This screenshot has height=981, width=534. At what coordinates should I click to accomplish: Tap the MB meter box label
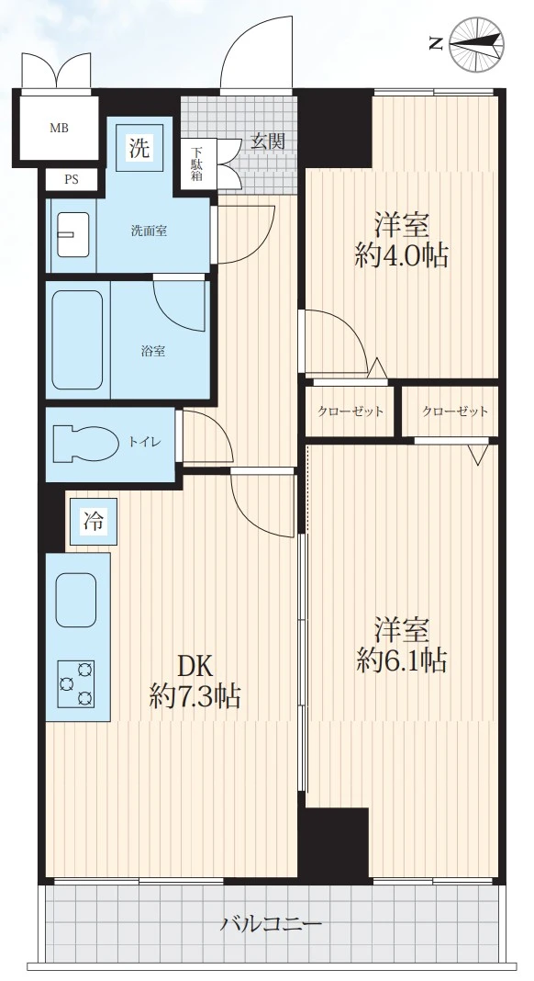click(59, 129)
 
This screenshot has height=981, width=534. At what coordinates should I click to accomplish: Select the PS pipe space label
click(71, 179)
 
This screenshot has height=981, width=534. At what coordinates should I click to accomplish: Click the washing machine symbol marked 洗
click(139, 147)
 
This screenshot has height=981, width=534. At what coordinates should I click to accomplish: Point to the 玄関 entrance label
click(267, 141)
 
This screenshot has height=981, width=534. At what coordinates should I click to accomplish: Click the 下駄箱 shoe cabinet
click(196, 163)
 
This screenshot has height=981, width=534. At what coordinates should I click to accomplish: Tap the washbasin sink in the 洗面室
click(70, 236)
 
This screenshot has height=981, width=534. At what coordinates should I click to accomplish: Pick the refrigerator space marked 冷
click(94, 523)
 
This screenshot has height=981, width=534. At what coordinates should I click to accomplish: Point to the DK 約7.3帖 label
click(195, 681)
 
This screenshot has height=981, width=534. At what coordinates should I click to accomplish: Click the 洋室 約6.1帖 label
click(401, 645)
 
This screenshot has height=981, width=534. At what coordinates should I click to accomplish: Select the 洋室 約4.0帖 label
click(401, 240)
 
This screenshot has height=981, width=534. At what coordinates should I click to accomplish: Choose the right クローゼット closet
click(454, 412)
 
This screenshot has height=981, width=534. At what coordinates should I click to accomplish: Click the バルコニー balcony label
click(271, 923)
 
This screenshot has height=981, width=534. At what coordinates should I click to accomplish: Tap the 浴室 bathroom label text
click(153, 350)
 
